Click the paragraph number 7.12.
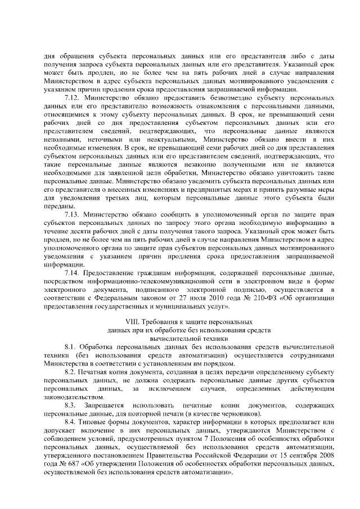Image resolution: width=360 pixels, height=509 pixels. (74, 98)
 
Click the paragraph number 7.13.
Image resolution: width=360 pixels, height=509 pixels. (74, 215)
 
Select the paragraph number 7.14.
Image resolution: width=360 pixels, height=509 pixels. (74, 273)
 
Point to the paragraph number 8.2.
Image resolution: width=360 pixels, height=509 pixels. (71, 373)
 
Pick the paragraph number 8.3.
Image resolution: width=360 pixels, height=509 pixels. (70, 406)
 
